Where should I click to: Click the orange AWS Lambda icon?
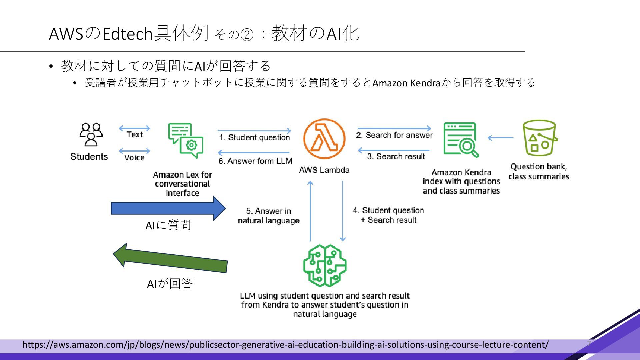coord(324,139)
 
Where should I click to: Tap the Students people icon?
coord(91,135)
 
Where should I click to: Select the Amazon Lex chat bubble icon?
coord(186,140)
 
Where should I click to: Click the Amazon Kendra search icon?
coord(461,140)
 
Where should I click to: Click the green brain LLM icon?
coord(325,266)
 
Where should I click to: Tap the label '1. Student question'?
coord(255,138)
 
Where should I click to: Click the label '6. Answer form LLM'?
coord(255,161)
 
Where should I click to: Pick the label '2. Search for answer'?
coord(394,135)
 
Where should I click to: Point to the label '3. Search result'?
coord(396,157)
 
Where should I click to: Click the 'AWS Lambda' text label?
coord(324,170)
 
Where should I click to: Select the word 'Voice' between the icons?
coord(134,158)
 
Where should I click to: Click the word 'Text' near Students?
coord(135,135)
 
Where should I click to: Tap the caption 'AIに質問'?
coord(168,226)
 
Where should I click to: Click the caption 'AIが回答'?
coord(170,284)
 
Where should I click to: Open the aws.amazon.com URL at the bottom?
coord(285,345)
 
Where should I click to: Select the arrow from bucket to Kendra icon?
coord(500,138)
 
